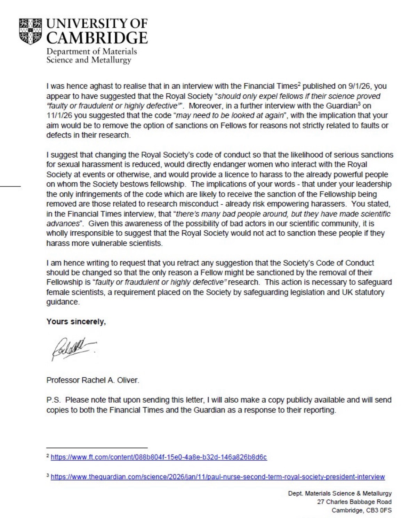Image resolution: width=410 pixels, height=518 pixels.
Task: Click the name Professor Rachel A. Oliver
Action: pos(93,380)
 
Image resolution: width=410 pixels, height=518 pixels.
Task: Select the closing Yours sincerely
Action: pos(76,322)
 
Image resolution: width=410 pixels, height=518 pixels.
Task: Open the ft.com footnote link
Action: pos(159,457)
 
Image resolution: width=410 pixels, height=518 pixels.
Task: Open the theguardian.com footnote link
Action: pos(218,477)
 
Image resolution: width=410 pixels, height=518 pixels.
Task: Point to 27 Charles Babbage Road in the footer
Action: pos(354,502)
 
